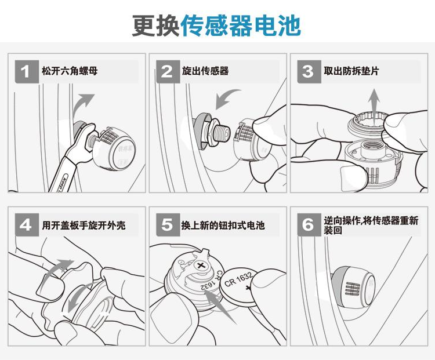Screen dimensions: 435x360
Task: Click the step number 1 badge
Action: (x=27, y=71)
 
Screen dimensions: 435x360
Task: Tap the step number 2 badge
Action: (x=168, y=71)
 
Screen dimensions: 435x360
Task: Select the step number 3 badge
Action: (x=309, y=71)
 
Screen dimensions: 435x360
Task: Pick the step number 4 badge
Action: (x=27, y=225)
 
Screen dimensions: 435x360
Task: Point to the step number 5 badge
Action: (x=168, y=225)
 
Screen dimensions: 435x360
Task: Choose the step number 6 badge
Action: (x=309, y=225)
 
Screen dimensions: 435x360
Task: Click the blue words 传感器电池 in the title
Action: (x=241, y=26)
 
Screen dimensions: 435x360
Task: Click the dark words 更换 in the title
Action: (x=156, y=26)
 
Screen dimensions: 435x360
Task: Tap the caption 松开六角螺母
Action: (x=70, y=71)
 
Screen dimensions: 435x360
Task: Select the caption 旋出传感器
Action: (x=205, y=71)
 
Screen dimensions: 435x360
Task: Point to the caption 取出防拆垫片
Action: (x=351, y=71)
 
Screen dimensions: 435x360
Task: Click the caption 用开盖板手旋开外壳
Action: (x=84, y=225)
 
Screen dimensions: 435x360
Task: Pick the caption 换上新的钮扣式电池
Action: (x=223, y=225)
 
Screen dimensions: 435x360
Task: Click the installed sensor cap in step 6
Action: (x=354, y=287)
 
